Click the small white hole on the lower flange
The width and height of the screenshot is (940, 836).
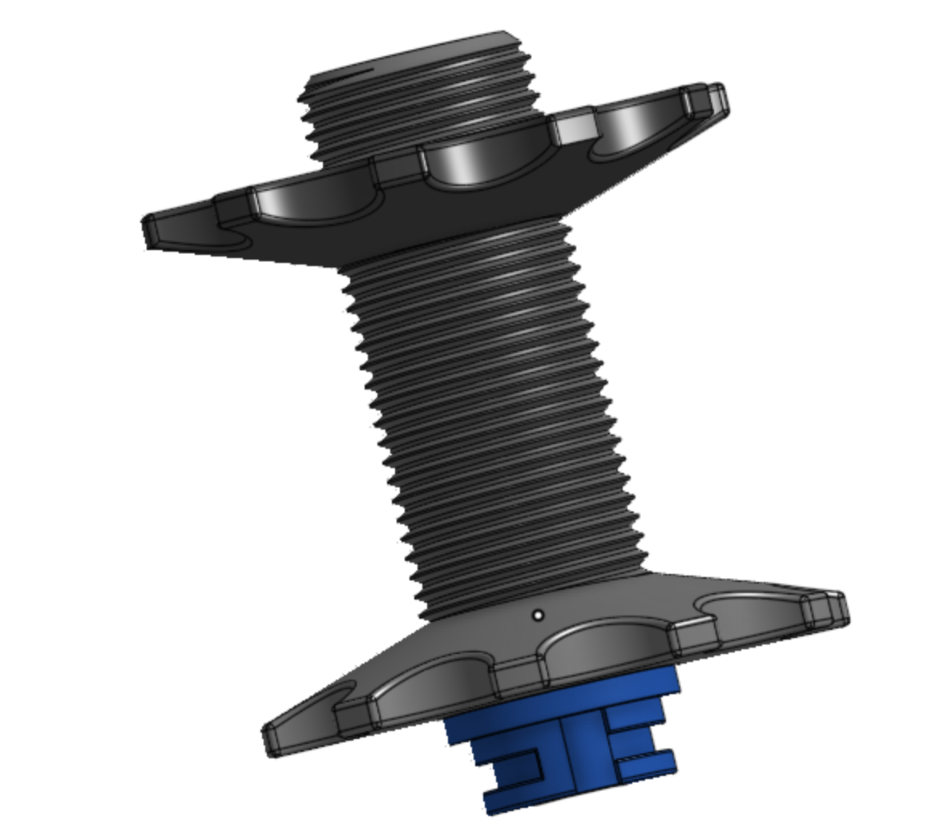[538, 616]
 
